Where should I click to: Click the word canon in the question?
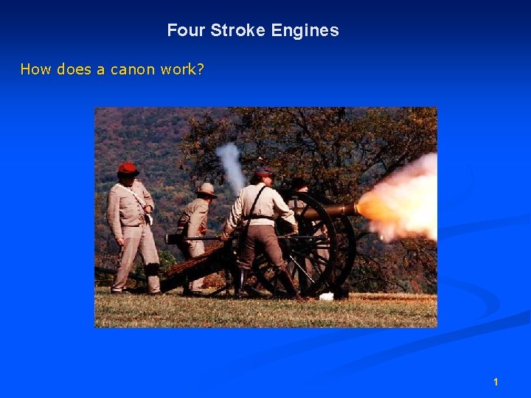(133, 69)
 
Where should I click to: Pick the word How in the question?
(34, 69)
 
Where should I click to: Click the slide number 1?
(496, 382)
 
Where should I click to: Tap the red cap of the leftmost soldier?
(128, 169)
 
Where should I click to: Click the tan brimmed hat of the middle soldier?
(206, 189)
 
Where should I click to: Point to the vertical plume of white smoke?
(232, 166)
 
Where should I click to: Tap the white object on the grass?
(326, 296)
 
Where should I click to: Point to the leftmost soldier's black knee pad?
(153, 268)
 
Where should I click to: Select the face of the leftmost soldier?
(128, 179)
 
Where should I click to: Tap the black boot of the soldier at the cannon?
(288, 284)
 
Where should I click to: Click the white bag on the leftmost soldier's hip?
(148, 217)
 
